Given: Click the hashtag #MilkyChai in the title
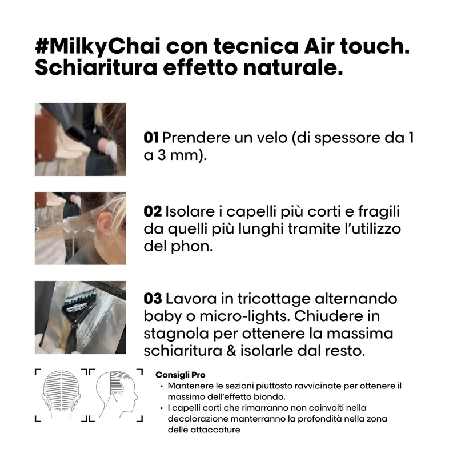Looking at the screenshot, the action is click(98, 47).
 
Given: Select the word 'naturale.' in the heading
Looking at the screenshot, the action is click(293, 67).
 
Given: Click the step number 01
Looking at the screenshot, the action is click(151, 138).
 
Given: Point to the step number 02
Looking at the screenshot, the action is click(153, 211).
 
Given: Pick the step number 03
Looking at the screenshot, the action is click(153, 299).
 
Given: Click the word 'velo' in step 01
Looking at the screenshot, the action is click(272, 137).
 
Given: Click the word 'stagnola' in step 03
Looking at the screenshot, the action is click(176, 334).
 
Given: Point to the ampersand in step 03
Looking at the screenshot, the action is click(231, 351).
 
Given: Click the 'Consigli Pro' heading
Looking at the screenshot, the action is click(180, 375).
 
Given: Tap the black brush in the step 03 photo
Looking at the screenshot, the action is click(77, 316).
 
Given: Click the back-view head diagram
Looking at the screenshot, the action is click(61, 394).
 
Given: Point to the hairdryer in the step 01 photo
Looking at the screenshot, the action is click(74, 122).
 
